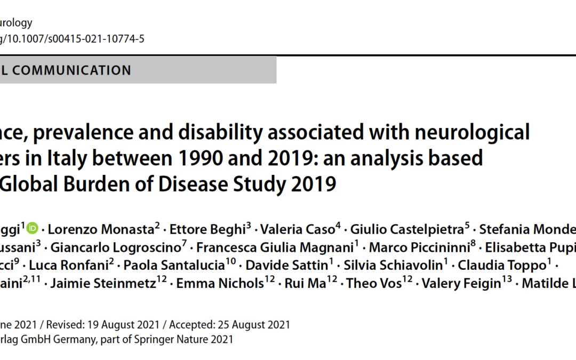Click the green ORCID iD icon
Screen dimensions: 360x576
[33, 229]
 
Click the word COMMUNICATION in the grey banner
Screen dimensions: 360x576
[72, 70]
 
